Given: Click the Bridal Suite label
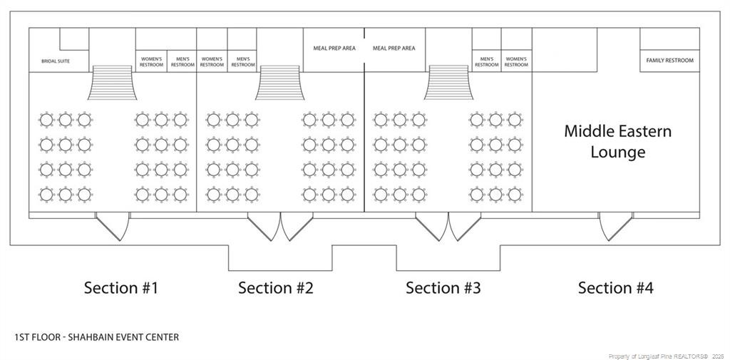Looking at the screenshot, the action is (x=56, y=61).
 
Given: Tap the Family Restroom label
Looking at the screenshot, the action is (x=669, y=61).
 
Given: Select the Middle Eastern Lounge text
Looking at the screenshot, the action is (x=618, y=141).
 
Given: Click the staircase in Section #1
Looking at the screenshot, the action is (x=112, y=83).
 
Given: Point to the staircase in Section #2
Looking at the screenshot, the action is (x=279, y=83).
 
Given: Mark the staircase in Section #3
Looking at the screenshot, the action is (x=448, y=83).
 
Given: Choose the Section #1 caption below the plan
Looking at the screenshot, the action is (x=121, y=287).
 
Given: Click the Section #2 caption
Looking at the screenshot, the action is (x=276, y=287).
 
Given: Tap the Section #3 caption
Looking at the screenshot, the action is (x=443, y=287).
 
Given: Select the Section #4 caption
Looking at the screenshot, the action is (x=615, y=287).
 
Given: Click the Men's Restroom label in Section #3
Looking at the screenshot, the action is (x=486, y=62).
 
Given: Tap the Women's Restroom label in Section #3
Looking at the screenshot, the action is (x=516, y=62).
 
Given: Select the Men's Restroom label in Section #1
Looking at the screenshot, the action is (x=182, y=62).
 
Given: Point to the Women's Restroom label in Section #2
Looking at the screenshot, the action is (x=212, y=62).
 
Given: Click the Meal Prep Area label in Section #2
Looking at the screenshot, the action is (x=334, y=48).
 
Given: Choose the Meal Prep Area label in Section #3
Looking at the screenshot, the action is (x=394, y=48).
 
